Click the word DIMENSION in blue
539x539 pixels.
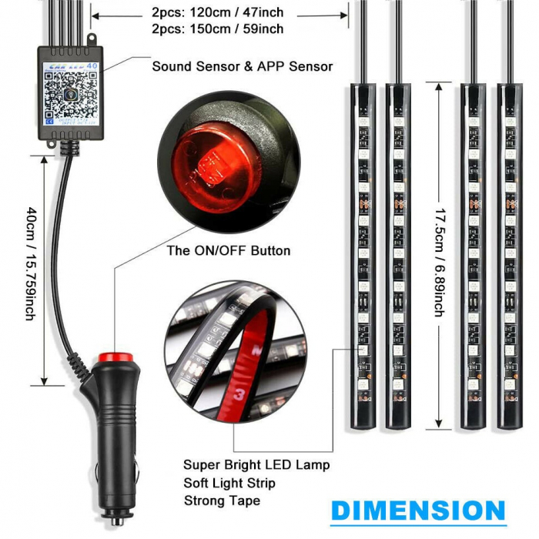tap(418, 511)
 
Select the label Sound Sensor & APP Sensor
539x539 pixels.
tap(242, 66)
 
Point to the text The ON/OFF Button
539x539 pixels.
tap(229, 250)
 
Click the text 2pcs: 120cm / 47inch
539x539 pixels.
tap(217, 13)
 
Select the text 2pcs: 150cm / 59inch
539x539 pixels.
tap(217, 29)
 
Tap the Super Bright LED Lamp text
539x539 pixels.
tap(256, 464)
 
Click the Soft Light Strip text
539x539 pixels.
tap(229, 483)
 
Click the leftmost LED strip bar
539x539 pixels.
tap(363, 254)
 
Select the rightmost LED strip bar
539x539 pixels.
tap(509, 254)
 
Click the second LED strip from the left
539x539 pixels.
tap(399, 254)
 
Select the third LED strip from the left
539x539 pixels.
tap(474, 254)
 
